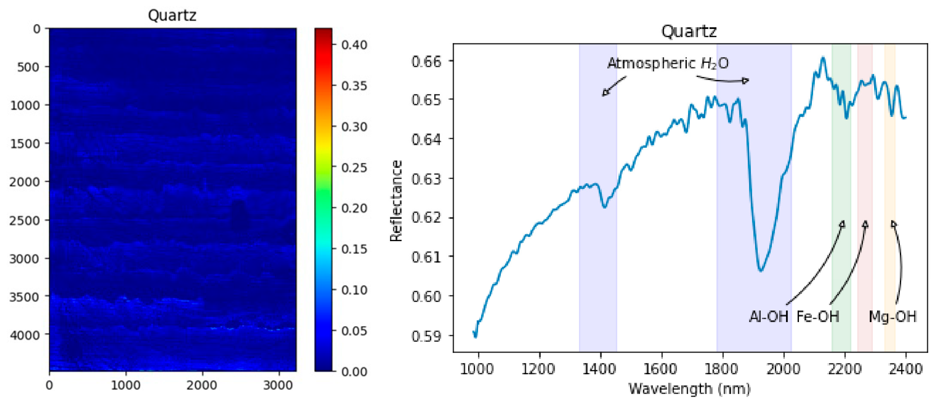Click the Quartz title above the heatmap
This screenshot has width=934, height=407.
tap(172, 15)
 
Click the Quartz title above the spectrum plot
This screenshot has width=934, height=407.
tap(689, 31)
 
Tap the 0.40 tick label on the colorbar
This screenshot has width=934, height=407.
tap(354, 45)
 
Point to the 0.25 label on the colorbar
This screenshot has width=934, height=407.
tap(354, 168)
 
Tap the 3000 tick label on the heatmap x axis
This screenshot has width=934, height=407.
tap(278, 385)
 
